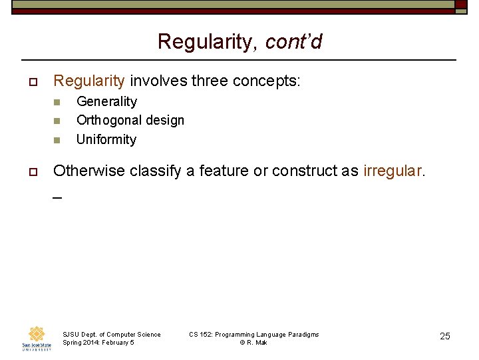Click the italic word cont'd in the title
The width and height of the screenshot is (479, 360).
click(x=293, y=42)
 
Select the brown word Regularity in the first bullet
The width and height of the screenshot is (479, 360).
click(x=89, y=81)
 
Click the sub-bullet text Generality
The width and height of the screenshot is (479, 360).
click(x=106, y=101)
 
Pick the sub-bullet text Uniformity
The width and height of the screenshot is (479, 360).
click(x=106, y=139)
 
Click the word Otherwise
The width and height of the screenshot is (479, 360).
click(x=88, y=171)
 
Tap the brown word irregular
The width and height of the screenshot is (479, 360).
click(x=392, y=171)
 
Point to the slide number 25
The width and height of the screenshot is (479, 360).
click(x=445, y=336)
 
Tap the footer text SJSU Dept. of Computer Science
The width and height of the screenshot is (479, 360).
click(x=111, y=334)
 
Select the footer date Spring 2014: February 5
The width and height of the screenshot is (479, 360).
click(x=98, y=343)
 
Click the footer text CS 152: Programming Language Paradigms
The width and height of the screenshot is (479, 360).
click(x=253, y=334)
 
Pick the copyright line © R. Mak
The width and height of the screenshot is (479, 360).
click(x=253, y=343)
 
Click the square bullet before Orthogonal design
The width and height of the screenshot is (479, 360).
click(x=57, y=121)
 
